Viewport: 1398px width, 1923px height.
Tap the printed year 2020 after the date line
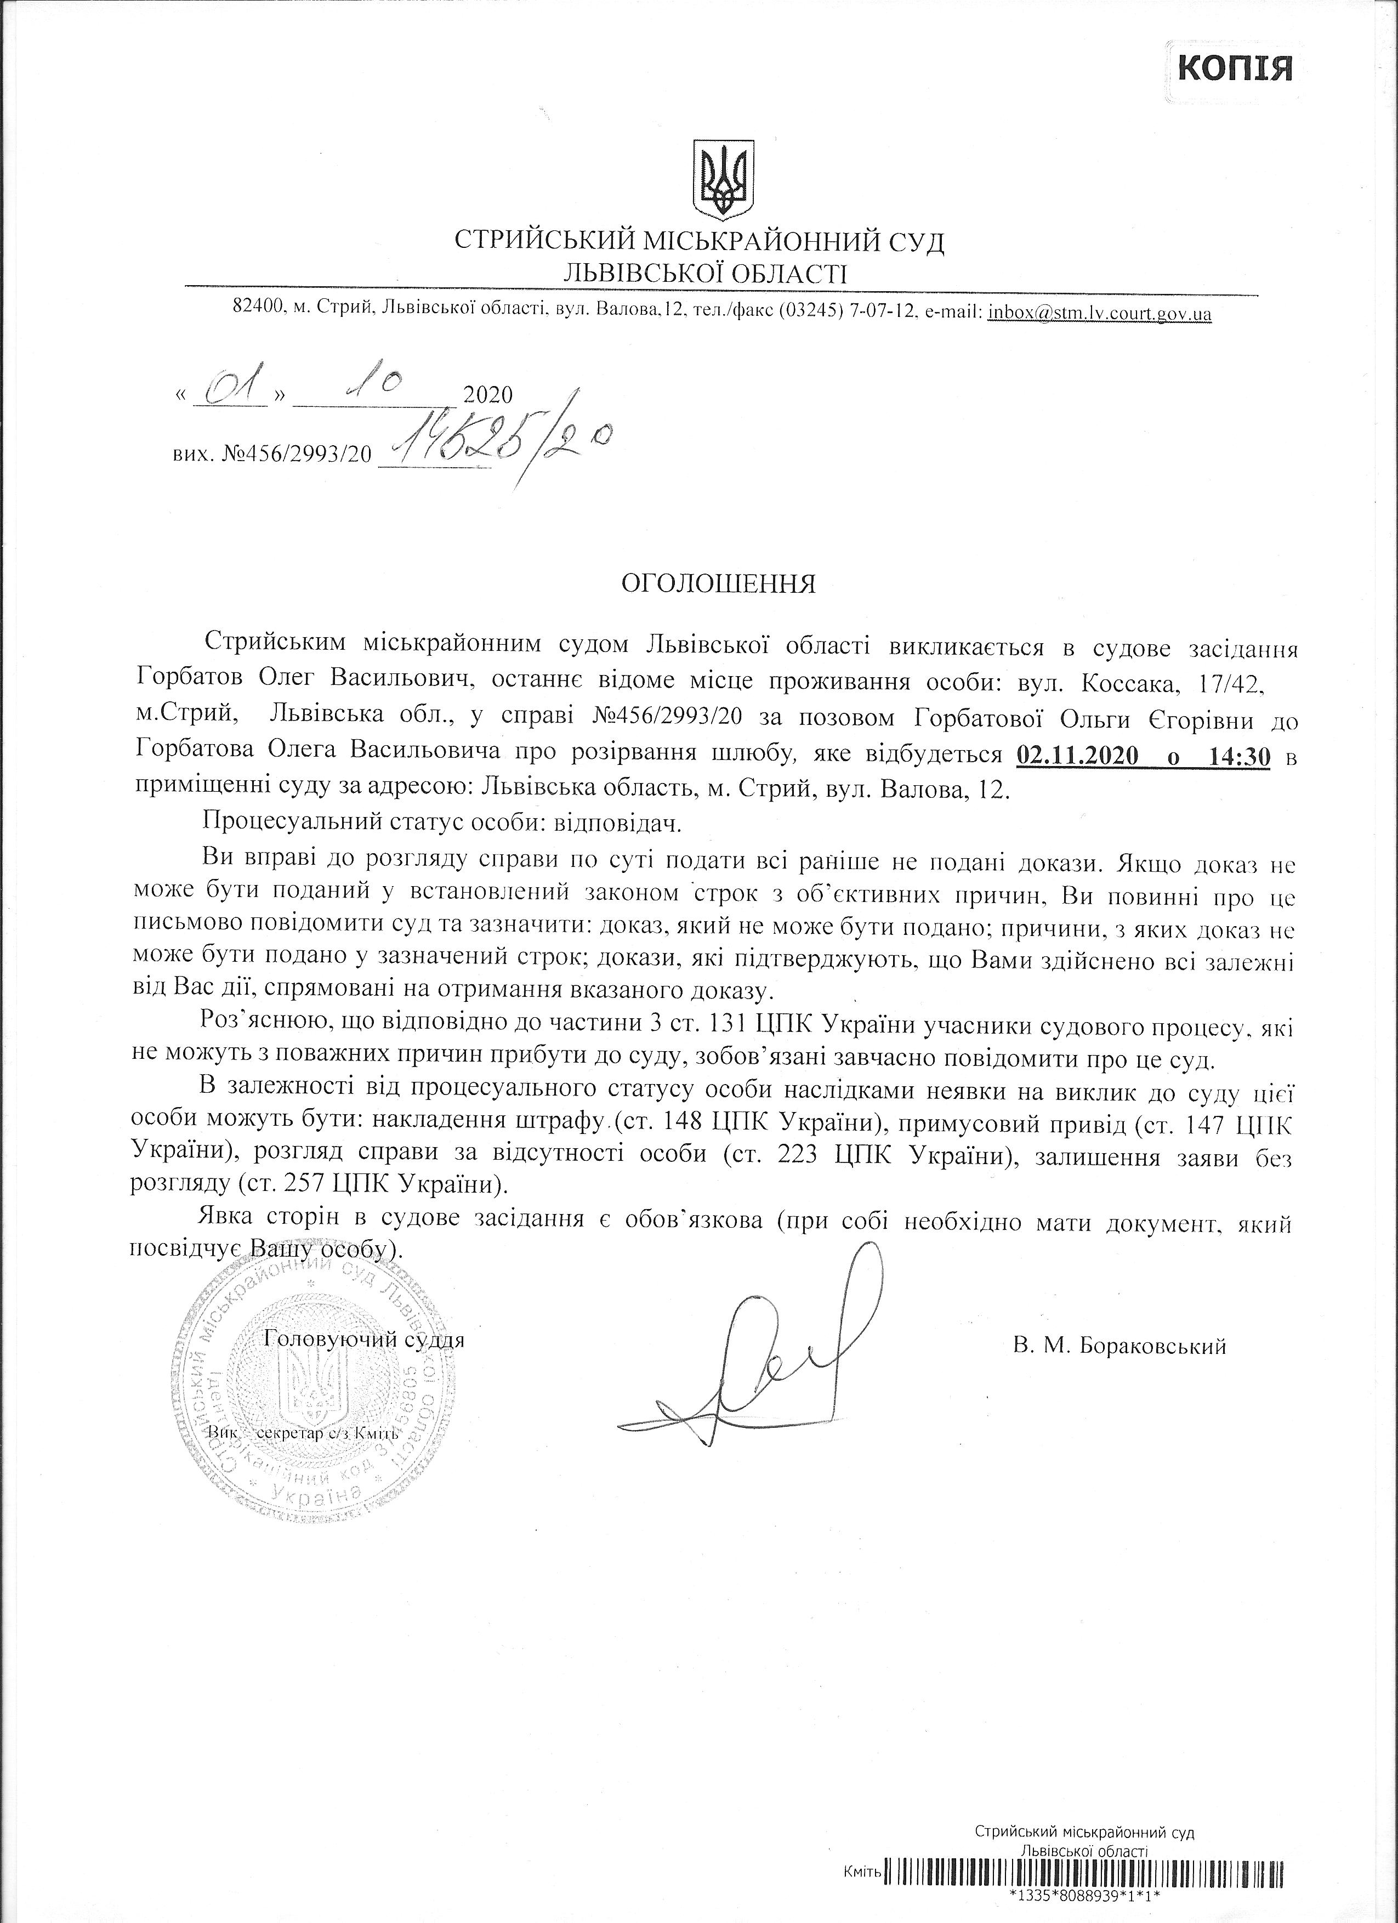tap(488, 395)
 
